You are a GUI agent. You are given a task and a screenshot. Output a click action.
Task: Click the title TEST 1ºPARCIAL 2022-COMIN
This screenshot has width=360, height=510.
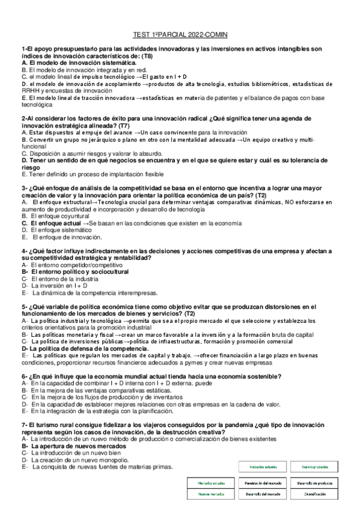(x=180, y=35)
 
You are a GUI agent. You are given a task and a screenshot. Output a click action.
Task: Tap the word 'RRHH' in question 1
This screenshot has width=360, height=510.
(x=29, y=90)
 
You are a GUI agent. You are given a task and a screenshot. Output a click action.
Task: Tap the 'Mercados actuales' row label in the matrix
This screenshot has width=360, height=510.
(x=206, y=482)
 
